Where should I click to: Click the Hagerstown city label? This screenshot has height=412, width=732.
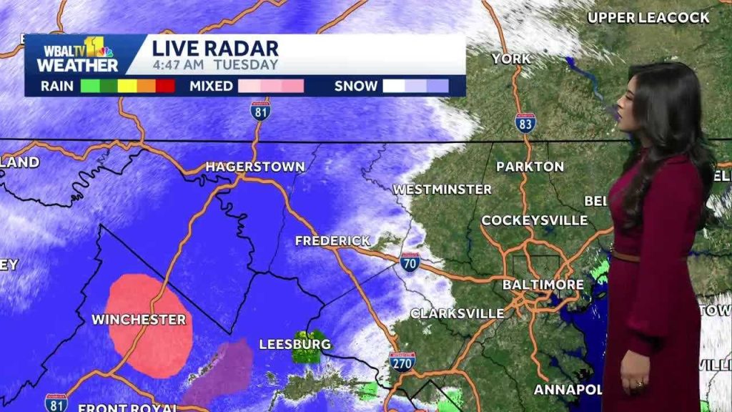click(x=255, y=167)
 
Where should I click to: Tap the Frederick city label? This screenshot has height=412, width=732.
click(x=333, y=241)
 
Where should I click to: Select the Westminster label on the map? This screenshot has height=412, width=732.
click(x=442, y=190)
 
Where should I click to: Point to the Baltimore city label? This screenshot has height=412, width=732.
click(x=543, y=285)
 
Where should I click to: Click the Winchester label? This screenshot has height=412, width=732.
click(x=139, y=319)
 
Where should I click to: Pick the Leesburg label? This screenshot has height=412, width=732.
click(x=295, y=344)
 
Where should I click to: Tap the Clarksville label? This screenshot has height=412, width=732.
click(x=457, y=313)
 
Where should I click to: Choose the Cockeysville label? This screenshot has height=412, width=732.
click(x=534, y=220)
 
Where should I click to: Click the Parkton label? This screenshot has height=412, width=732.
click(x=530, y=167)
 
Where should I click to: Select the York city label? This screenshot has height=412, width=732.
click(x=511, y=59)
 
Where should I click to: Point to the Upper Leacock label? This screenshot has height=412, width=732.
click(x=648, y=17)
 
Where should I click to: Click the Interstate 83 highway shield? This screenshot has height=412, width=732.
click(x=525, y=122)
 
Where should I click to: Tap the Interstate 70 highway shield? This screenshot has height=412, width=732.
click(x=410, y=261)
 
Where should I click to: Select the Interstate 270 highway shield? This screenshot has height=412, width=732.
click(x=402, y=360)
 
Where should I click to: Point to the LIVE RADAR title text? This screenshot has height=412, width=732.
click(x=214, y=49)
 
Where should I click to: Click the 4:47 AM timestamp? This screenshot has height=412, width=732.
click(x=178, y=65)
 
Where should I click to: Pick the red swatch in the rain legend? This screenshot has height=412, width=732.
click(x=166, y=87)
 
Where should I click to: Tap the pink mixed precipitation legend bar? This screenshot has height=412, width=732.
click(x=271, y=87)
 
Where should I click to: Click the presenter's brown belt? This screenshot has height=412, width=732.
click(x=626, y=255)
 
